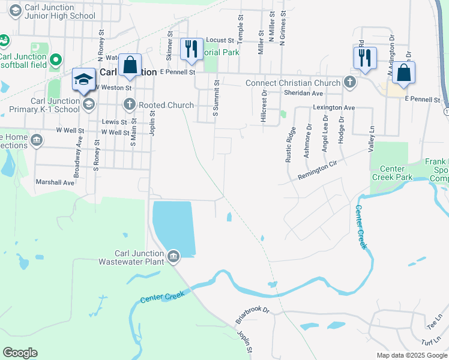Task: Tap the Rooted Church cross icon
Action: pyautogui.click(x=129, y=105)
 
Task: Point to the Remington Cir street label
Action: pyautogui.click(x=323, y=169)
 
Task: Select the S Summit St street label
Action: pyautogui.click(x=216, y=100)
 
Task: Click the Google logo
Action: pyautogui.click(x=20, y=353)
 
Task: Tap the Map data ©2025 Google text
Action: pyautogui.click(x=412, y=355)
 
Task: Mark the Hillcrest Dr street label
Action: pyautogui.click(x=264, y=106)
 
